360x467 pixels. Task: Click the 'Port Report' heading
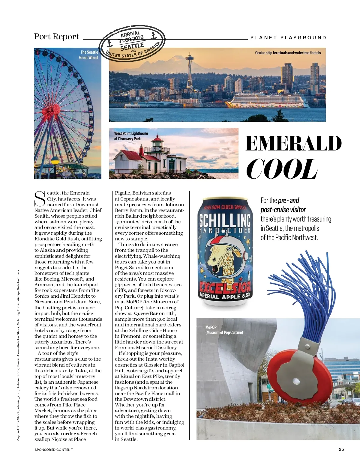pos(56,37)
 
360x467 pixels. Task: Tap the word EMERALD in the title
pos(293,143)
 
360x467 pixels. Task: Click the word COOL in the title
pos(281,169)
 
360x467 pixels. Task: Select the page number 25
pos(341,449)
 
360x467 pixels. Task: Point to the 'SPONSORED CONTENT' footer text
pos(54,449)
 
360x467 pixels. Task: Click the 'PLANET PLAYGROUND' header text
pos(288,38)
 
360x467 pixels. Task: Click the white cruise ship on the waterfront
pos(267,100)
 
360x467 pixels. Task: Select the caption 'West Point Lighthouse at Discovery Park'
pos(131,136)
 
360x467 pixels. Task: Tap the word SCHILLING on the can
pos(225,220)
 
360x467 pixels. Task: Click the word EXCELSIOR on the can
pos(225,288)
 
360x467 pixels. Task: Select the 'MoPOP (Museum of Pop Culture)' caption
pos(224,330)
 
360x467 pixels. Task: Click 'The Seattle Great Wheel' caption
pos(89,55)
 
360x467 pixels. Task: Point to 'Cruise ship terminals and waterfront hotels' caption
pos(288,53)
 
